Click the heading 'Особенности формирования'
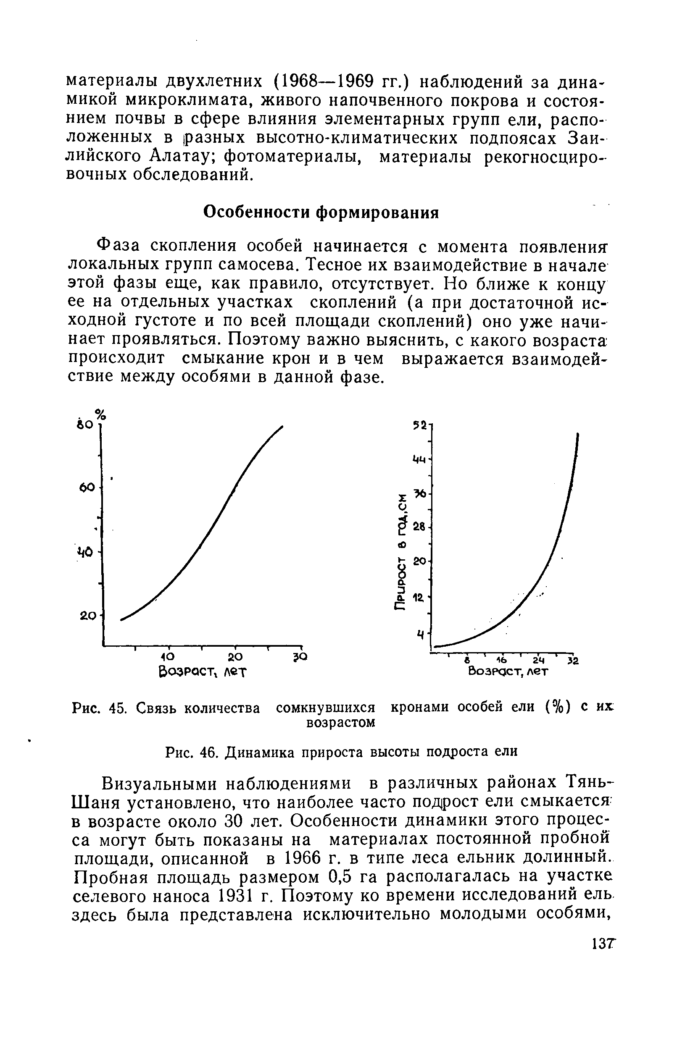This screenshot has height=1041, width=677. point(321,212)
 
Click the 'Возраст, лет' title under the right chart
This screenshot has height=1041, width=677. point(508,671)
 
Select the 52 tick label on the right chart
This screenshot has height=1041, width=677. point(420,425)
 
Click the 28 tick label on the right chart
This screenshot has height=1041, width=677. point(419,527)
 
